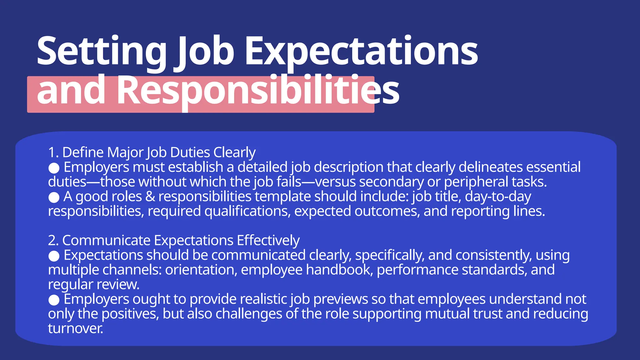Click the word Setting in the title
pyautogui.click(x=102, y=52)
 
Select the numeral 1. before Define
pyautogui.click(x=53, y=152)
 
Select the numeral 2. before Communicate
pyautogui.click(x=53, y=240)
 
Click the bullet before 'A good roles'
pyautogui.click(x=54, y=197)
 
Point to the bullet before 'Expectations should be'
pyautogui.click(x=54, y=256)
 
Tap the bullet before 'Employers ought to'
pyautogui.click(x=54, y=300)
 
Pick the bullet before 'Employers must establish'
pyautogui.click(x=54, y=168)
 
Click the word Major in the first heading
pyautogui.click(x=125, y=152)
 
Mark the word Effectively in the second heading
pyautogui.click(x=268, y=240)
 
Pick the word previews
pyautogui.click(x=341, y=299)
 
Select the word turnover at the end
pyautogui.click(x=75, y=328)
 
